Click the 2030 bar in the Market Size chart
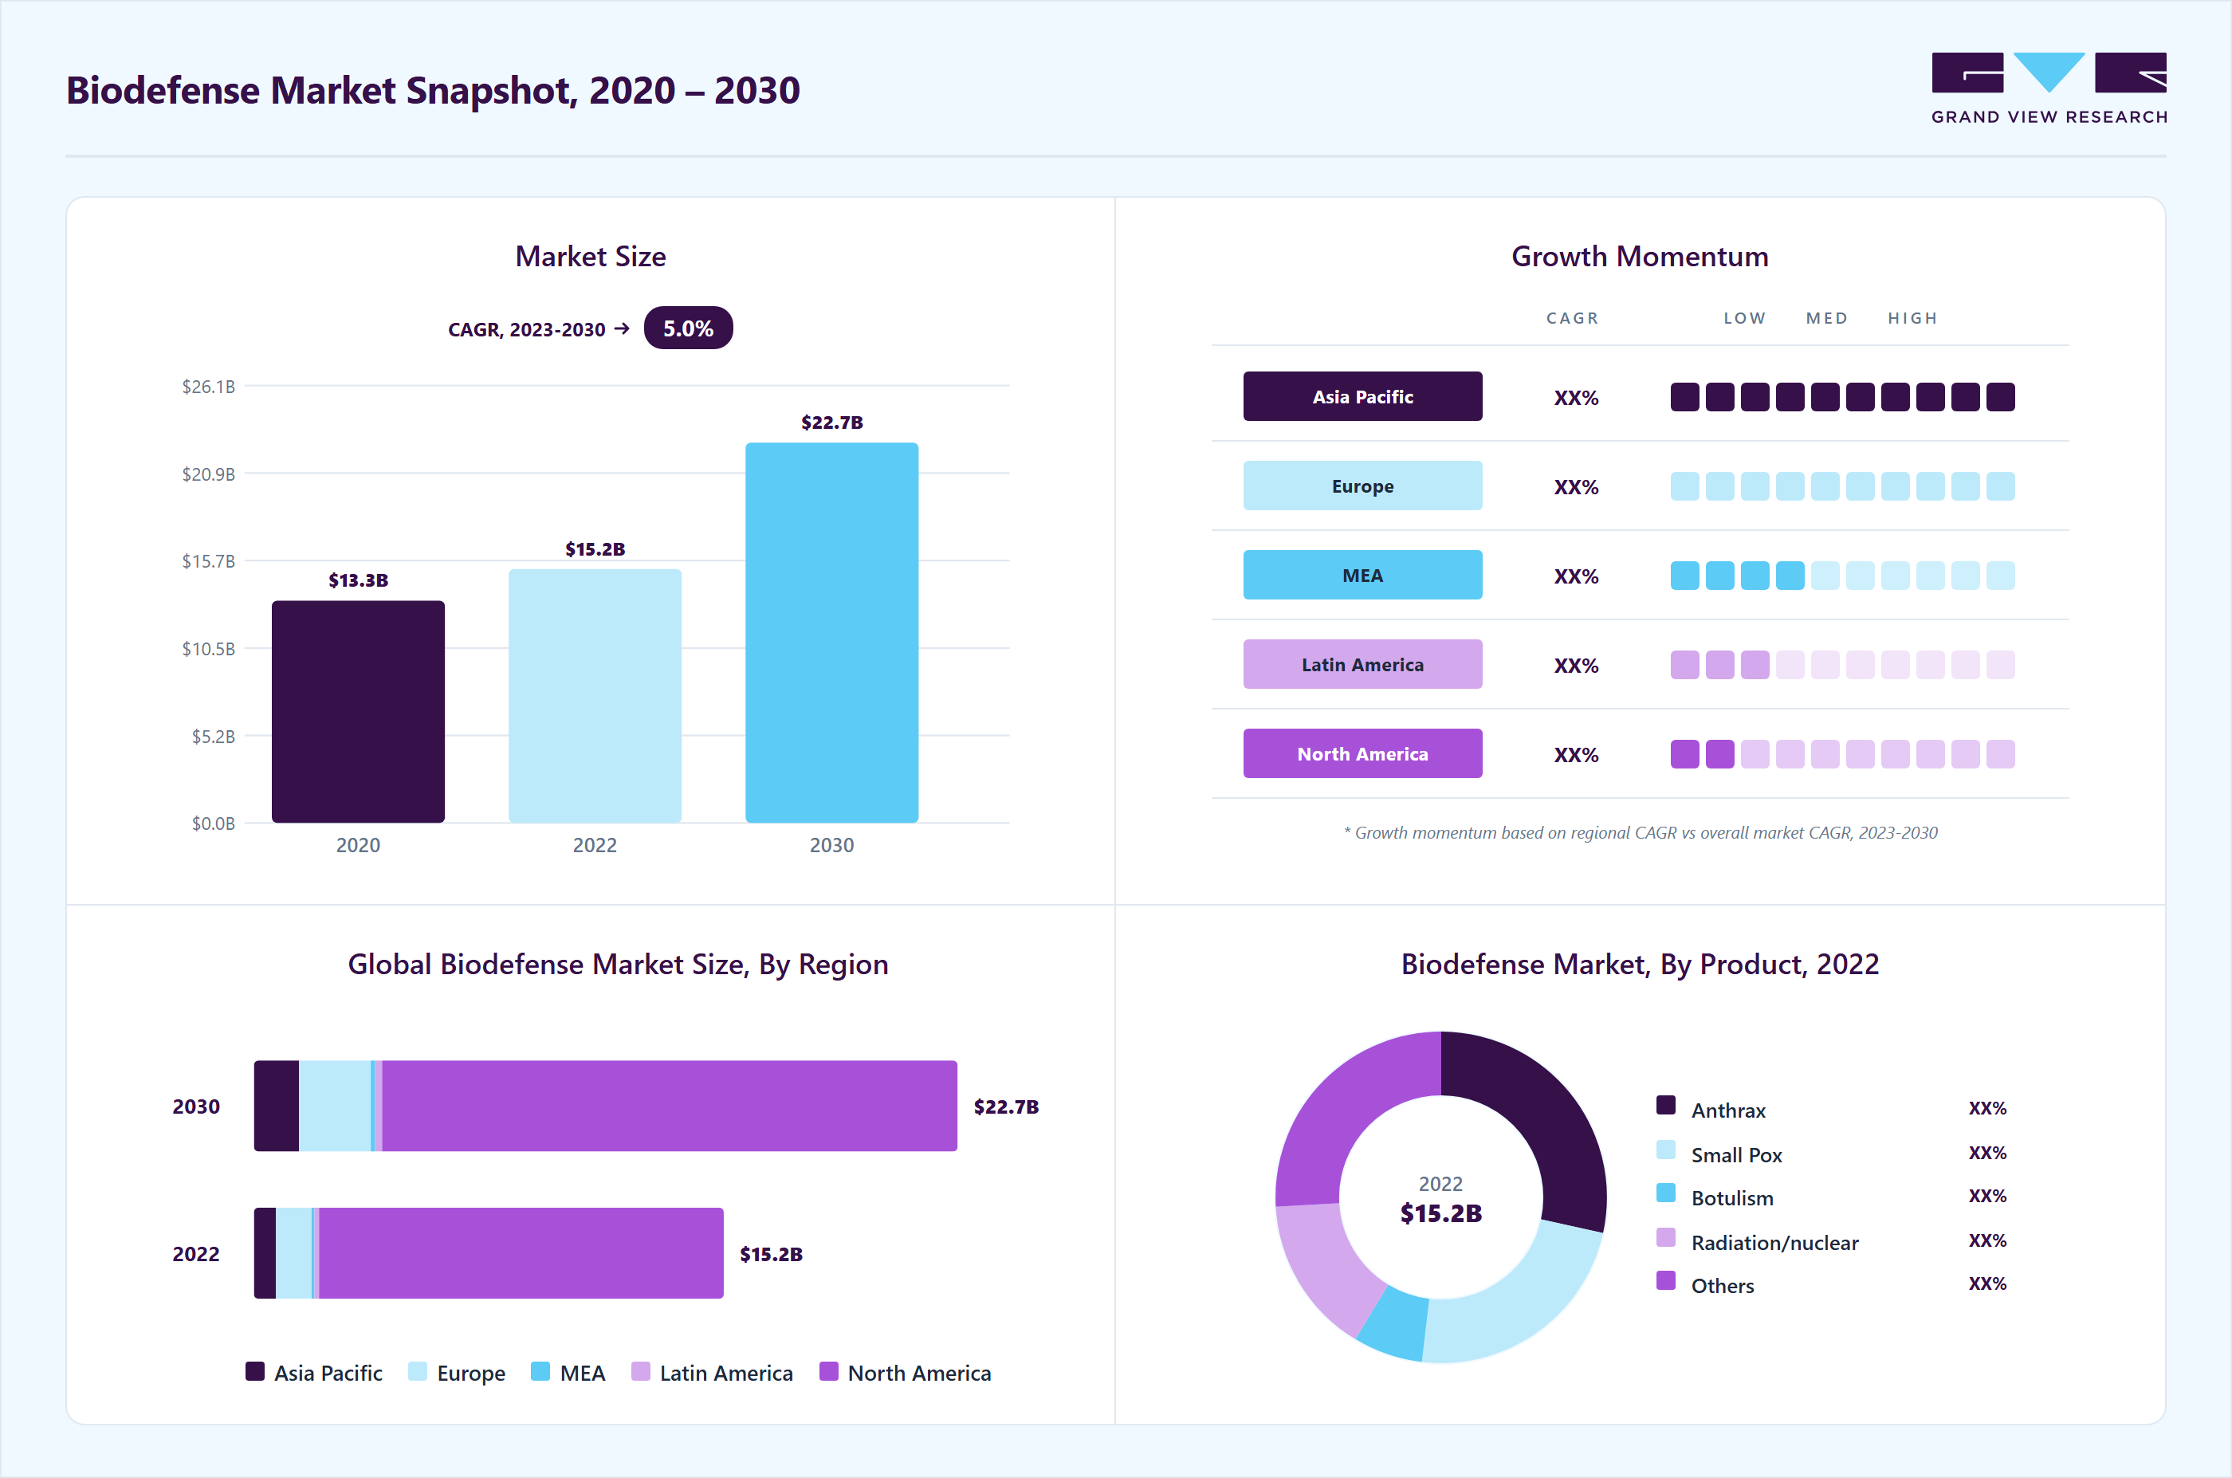831,632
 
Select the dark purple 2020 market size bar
358,712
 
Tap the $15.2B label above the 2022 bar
595,548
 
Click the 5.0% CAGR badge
688,328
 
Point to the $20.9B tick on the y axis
208,474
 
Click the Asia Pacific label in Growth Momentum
1362,397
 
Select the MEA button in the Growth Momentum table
1362,575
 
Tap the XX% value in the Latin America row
1576,666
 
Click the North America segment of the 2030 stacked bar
670,1106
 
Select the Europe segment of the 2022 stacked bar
294,1252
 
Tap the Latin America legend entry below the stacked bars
712,1373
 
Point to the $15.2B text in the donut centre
1441,1213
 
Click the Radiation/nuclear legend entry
1757,1241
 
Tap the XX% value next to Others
1987,1283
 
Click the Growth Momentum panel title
1640,257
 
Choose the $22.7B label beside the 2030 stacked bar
1006,1107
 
